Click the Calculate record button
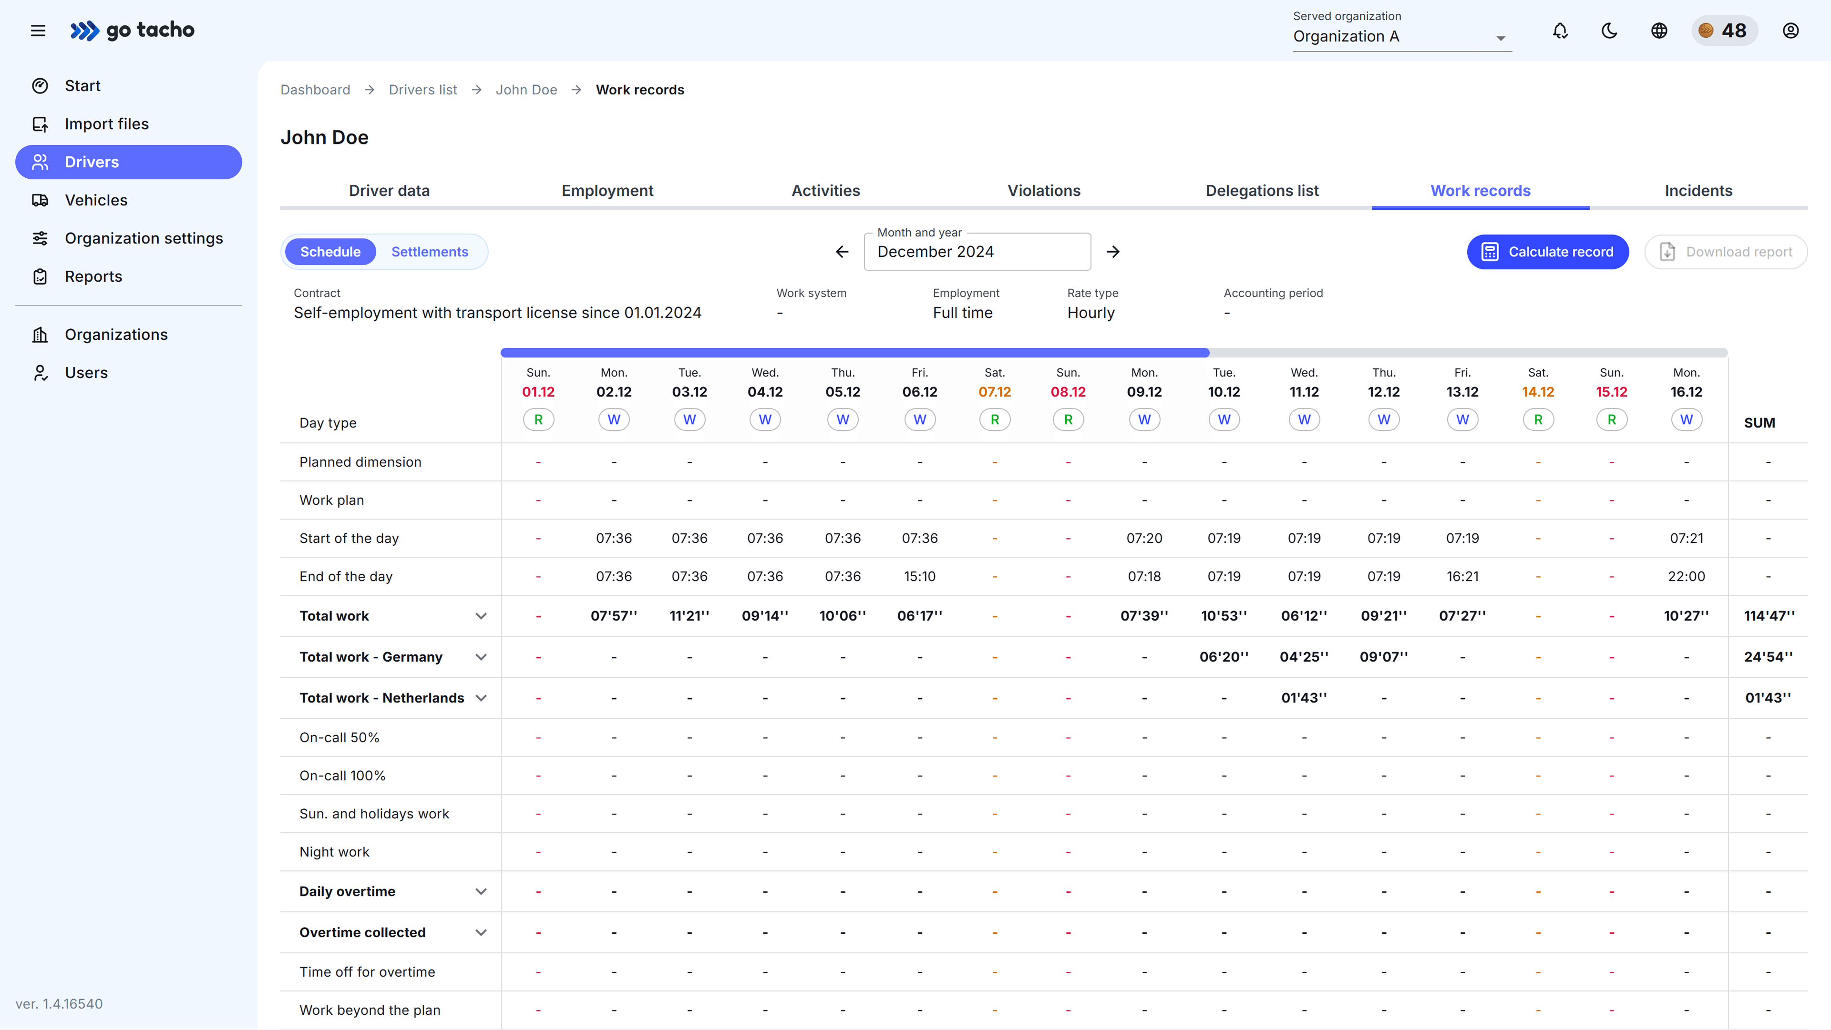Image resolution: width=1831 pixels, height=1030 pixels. click(1547, 252)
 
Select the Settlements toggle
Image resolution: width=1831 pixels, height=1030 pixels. click(429, 252)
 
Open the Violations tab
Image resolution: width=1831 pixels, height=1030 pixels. click(1043, 190)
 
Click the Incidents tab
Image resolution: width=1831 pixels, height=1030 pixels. click(1698, 190)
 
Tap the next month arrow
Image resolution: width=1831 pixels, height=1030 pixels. click(1113, 252)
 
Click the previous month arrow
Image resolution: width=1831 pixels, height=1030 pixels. click(842, 252)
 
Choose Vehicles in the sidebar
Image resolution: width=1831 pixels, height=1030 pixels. click(96, 200)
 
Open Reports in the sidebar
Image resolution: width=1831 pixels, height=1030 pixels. click(93, 276)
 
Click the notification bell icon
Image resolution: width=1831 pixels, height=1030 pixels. click(1560, 31)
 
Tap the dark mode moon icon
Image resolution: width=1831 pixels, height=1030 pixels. click(1609, 31)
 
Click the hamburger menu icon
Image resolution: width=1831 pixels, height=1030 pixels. click(38, 31)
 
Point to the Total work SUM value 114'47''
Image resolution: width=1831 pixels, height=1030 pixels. click(1769, 616)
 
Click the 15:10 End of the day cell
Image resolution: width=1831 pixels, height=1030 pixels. click(919, 577)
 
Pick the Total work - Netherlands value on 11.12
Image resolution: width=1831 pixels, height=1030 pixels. click(1304, 698)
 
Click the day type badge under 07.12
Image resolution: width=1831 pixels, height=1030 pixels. click(994, 420)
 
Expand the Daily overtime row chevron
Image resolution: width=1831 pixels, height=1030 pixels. click(481, 891)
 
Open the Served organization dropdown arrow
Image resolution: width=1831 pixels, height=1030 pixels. click(1501, 38)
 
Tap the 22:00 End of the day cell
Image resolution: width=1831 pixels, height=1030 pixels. click(1686, 577)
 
